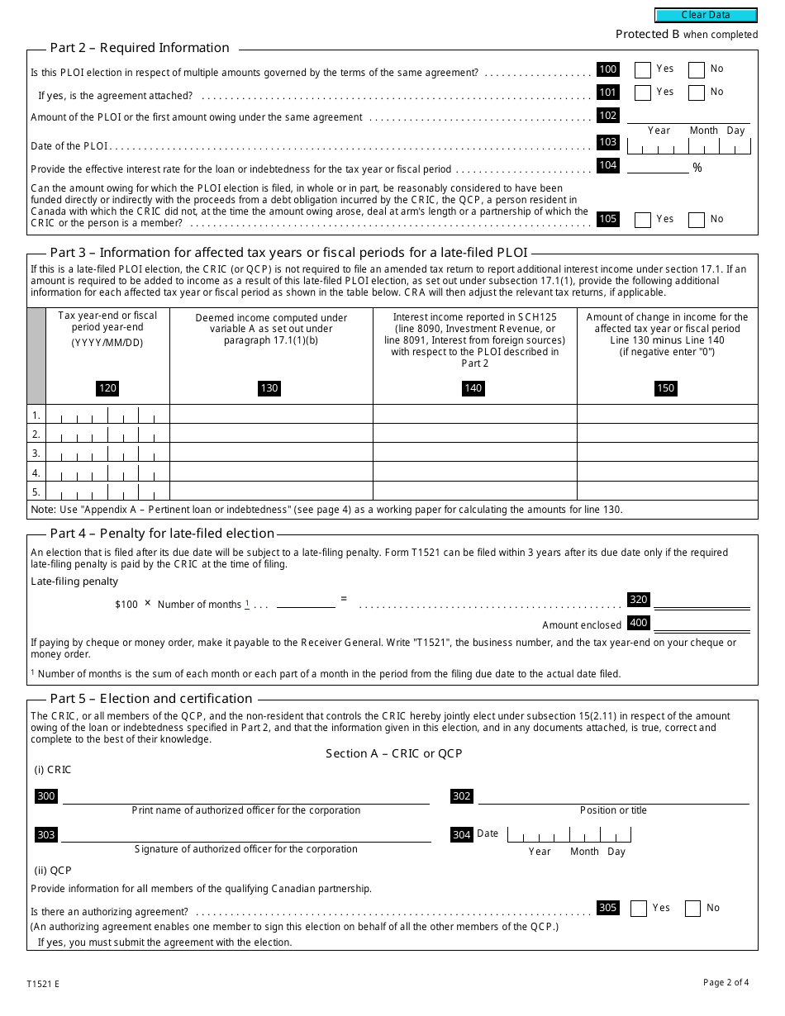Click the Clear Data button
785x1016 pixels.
(x=706, y=15)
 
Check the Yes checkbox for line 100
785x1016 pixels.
(x=642, y=70)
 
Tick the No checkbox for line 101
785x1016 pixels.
(x=697, y=93)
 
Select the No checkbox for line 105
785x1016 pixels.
(x=697, y=220)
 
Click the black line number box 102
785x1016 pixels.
(x=607, y=116)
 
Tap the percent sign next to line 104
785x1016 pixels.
(x=697, y=168)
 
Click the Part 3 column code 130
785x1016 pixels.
(x=269, y=388)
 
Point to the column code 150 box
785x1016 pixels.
(x=665, y=388)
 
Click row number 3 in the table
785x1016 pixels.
(x=36, y=453)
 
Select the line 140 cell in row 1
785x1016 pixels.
(x=474, y=415)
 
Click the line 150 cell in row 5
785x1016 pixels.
(x=667, y=491)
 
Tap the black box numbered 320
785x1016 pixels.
(x=638, y=600)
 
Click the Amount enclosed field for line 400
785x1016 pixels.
(x=701, y=624)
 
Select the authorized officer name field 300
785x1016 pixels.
(x=245, y=796)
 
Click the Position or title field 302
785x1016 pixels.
(x=613, y=796)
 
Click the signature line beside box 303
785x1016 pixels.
(x=245, y=835)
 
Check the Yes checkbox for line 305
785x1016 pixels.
(x=638, y=909)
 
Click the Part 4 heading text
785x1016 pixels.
(x=162, y=534)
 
